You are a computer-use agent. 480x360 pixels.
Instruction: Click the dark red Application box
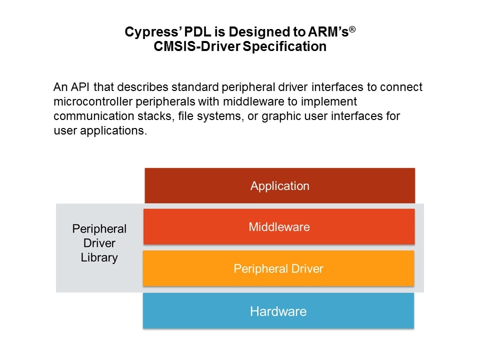[x=280, y=185]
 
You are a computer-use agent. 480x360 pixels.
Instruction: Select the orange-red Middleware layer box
[x=279, y=226]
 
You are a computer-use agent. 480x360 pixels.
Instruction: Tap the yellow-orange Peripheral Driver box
[x=278, y=268]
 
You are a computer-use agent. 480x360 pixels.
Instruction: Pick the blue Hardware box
[x=278, y=310]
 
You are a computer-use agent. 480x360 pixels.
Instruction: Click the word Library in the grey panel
[x=99, y=258]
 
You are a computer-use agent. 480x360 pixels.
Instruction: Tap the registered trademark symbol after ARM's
[x=352, y=29]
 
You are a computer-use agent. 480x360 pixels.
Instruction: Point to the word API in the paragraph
[x=80, y=87]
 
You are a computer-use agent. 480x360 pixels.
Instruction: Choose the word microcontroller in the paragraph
[x=93, y=101]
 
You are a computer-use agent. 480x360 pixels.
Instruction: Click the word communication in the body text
[x=93, y=116]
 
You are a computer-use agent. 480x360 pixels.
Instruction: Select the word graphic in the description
[x=280, y=116]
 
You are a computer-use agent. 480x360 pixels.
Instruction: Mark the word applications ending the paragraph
[x=113, y=131]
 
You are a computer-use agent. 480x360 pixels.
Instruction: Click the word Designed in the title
[x=260, y=32]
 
